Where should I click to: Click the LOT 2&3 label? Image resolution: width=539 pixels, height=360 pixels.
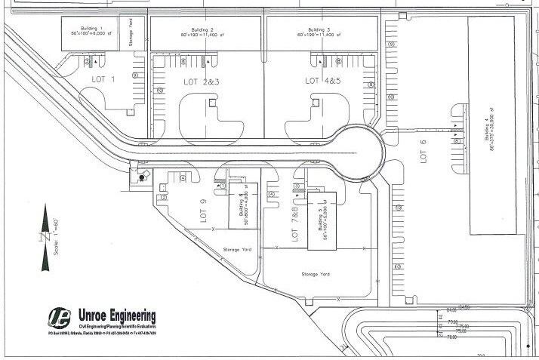pos(201,81)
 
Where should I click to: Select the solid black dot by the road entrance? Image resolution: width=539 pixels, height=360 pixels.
pos(140,177)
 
